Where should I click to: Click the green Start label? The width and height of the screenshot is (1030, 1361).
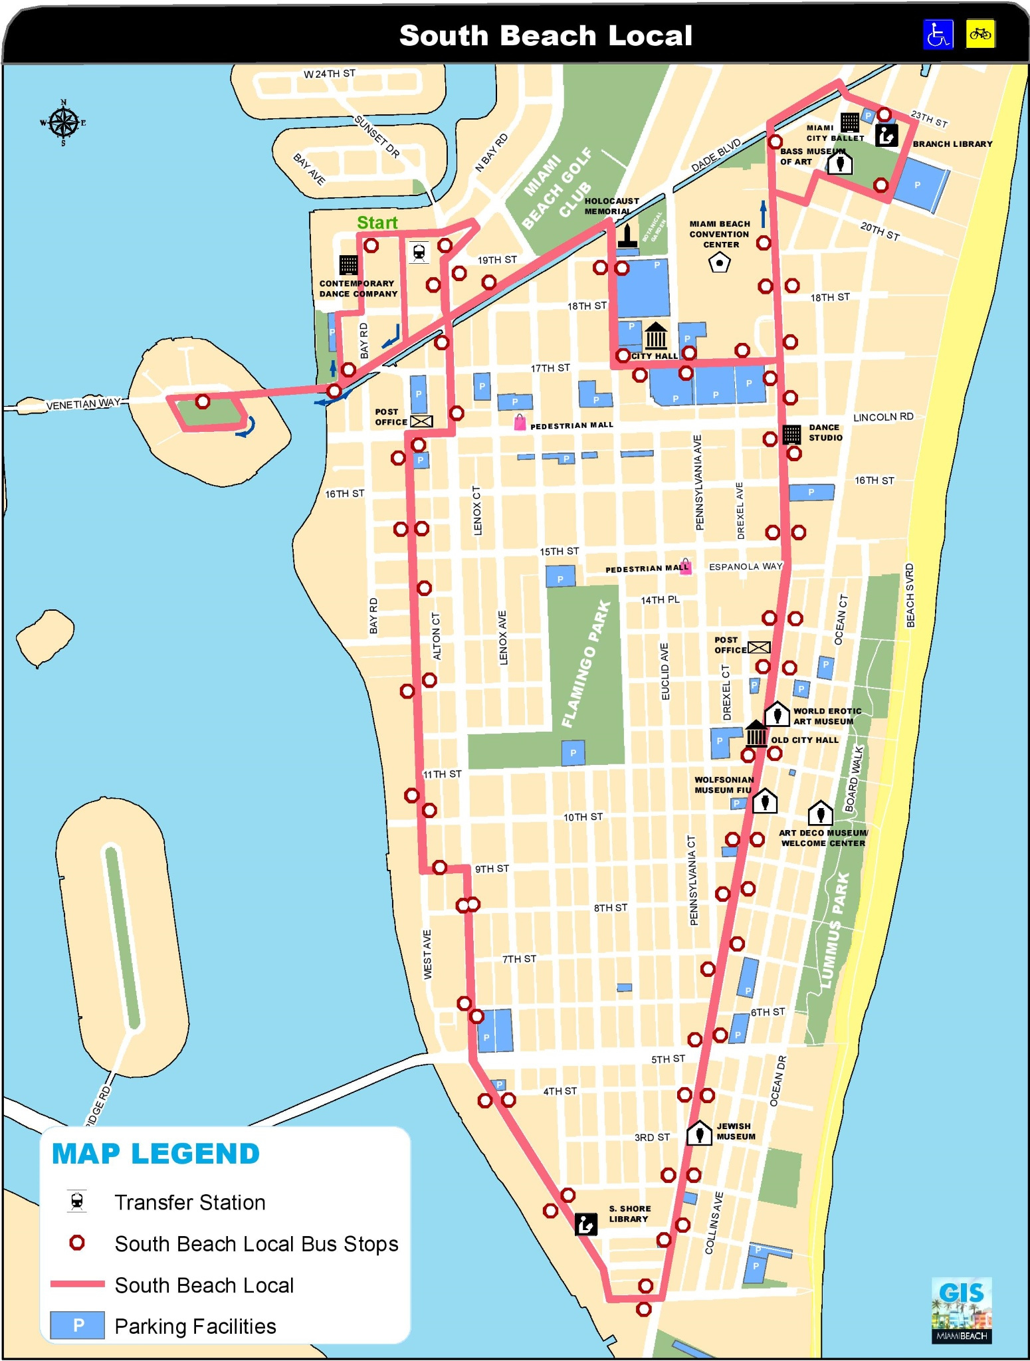pos(377,223)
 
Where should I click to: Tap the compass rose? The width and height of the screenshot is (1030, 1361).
pos(63,123)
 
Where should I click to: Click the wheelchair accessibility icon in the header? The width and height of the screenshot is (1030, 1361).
pos(938,34)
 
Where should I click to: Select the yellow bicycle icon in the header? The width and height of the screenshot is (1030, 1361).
pos(980,34)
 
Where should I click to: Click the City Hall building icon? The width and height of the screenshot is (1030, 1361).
pos(656,336)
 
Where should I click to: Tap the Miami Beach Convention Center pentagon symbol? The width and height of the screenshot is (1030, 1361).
pos(719,263)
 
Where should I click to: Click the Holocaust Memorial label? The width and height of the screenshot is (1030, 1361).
pos(611,206)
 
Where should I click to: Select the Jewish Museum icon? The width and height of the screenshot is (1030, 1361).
pos(698,1132)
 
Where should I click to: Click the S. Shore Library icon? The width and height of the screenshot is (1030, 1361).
pos(585,1223)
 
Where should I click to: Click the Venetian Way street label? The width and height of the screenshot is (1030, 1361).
pos(83,403)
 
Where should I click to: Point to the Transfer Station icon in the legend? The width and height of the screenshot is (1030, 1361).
pos(77,1202)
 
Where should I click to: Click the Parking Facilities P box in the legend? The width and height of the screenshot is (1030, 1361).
pos(78,1325)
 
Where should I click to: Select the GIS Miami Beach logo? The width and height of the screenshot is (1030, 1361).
pos(961,1310)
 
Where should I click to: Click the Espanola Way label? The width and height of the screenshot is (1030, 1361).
pos(746,567)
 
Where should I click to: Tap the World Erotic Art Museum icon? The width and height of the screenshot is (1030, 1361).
pos(776,714)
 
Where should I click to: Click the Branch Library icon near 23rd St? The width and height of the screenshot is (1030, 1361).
pos(886,135)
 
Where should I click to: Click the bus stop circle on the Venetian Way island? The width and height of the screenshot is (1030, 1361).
pos(203,401)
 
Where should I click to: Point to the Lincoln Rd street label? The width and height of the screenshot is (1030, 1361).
pos(882,417)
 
